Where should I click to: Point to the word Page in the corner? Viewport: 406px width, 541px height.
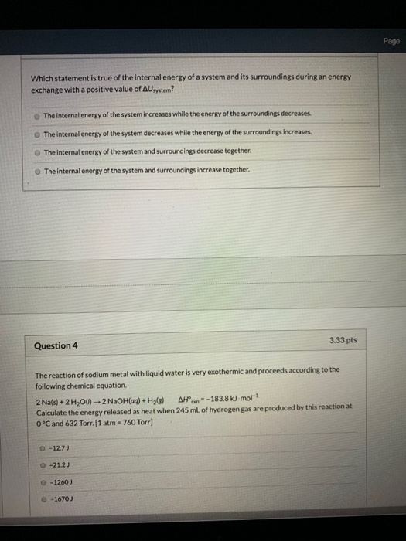[391, 41]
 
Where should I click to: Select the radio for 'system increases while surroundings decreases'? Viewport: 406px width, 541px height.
[38, 114]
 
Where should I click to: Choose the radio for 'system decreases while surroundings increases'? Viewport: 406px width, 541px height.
[38, 132]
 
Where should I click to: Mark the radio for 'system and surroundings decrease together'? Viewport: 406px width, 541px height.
[38, 151]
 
